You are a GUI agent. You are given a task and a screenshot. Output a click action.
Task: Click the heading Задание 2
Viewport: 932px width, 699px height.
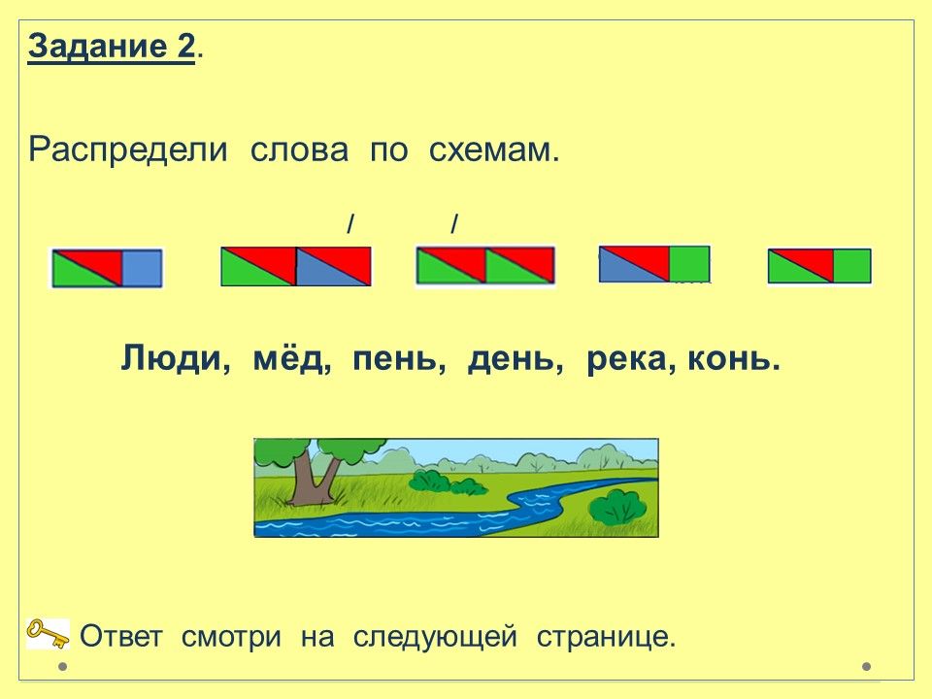pyautogui.click(x=112, y=46)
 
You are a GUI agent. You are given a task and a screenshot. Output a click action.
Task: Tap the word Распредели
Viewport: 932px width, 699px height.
pyautogui.click(x=128, y=150)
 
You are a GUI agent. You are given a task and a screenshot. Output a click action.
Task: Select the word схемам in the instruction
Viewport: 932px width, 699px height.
pyautogui.click(x=494, y=150)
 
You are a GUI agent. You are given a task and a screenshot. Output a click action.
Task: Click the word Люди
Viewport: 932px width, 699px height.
pyautogui.click(x=175, y=359)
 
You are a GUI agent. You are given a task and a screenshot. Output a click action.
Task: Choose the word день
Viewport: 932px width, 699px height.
pyautogui.click(x=515, y=359)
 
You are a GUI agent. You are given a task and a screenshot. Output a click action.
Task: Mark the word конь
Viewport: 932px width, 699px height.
pyautogui.click(x=734, y=359)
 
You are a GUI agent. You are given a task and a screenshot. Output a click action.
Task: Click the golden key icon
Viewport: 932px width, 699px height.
pyautogui.click(x=48, y=634)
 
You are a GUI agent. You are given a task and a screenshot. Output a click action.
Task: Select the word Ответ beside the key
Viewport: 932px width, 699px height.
pyautogui.click(x=120, y=637)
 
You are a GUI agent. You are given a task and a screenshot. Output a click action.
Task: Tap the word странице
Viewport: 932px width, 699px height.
pyautogui.click(x=606, y=637)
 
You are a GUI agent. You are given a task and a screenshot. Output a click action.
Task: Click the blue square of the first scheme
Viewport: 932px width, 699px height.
pyautogui.click(x=142, y=268)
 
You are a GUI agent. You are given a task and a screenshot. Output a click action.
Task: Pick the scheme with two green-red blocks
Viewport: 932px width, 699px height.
pyautogui.click(x=485, y=265)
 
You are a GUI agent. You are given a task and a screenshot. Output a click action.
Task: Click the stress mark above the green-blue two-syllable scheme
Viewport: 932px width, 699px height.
pyautogui.click(x=350, y=224)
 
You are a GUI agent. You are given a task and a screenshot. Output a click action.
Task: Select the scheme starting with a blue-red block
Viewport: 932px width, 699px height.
pyautogui.click(x=654, y=263)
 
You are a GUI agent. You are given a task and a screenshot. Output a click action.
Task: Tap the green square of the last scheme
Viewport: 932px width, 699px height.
pyautogui.click(x=852, y=266)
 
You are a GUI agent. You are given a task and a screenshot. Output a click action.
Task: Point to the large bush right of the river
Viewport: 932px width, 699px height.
pyautogui.click(x=617, y=507)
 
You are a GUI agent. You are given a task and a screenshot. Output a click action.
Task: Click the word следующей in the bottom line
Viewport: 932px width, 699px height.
pyautogui.click(x=435, y=637)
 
